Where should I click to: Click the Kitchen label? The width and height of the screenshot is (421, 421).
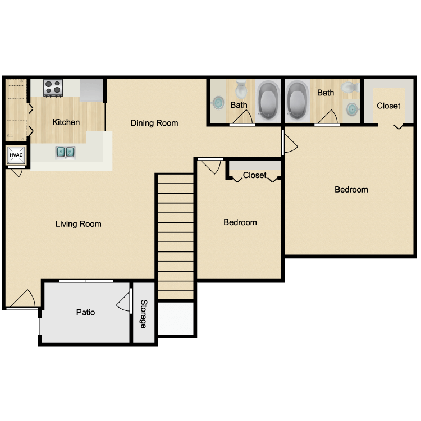(x=66, y=122)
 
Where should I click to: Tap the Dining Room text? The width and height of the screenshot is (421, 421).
(x=154, y=123)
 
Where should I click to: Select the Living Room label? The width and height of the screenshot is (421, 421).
(x=79, y=224)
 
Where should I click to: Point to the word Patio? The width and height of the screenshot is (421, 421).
(x=85, y=312)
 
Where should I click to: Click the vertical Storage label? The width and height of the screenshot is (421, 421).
(x=144, y=314)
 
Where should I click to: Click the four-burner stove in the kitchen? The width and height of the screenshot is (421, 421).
(x=53, y=87)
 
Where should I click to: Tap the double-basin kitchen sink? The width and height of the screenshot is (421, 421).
(x=66, y=152)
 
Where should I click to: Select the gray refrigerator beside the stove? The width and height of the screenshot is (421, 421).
(x=92, y=90)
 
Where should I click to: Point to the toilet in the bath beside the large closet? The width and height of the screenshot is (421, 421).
(x=349, y=88)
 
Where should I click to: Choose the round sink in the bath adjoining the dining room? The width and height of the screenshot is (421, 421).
(x=218, y=103)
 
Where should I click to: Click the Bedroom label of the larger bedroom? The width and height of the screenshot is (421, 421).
(x=351, y=190)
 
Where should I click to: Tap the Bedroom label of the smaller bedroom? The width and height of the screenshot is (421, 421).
(x=240, y=222)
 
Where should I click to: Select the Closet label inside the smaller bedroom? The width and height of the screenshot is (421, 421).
(x=254, y=175)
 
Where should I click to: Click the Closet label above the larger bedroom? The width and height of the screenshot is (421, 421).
(x=388, y=106)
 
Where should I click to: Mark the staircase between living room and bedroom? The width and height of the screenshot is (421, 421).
(x=175, y=236)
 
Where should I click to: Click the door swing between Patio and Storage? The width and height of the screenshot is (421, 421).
(x=123, y=303)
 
